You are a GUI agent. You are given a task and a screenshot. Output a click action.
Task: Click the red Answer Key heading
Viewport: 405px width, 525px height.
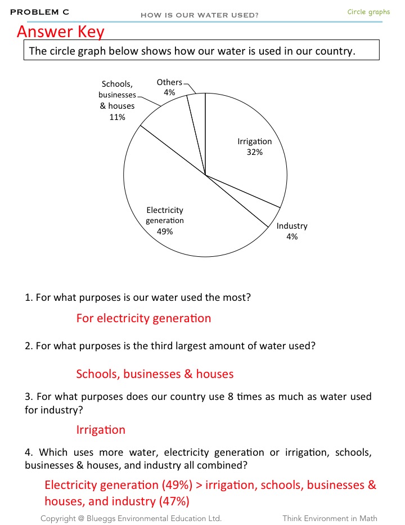coord(61,32)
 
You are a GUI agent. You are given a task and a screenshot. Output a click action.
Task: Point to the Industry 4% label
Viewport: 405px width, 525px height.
coord(292,231)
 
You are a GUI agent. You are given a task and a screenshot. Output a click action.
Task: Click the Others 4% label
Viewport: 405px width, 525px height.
coord(169,87)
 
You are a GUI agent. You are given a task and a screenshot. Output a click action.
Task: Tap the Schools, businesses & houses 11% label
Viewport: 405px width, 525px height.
coord(117,100)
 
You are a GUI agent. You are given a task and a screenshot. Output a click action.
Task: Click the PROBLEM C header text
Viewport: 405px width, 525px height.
coord(39,12)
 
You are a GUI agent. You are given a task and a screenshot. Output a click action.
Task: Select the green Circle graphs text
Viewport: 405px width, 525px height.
coord(368,12)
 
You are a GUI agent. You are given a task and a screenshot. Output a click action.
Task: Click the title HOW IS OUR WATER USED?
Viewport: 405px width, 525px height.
coord(200,15)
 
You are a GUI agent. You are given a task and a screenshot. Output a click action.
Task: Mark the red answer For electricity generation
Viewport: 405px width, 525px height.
coord(143,318)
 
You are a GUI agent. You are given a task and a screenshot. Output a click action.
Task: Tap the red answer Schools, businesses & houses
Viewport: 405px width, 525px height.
coord(155,373)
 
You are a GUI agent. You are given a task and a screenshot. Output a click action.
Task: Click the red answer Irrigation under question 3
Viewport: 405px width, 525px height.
coord(101,430)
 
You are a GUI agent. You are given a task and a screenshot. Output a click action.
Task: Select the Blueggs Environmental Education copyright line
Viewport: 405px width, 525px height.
coord(131,518)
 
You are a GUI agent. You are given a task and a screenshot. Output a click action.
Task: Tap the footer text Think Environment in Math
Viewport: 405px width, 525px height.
coord(330,518)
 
